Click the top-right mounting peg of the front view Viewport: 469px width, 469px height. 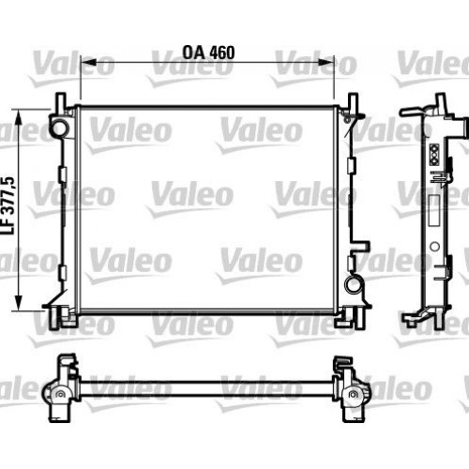(x=354, y=101)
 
